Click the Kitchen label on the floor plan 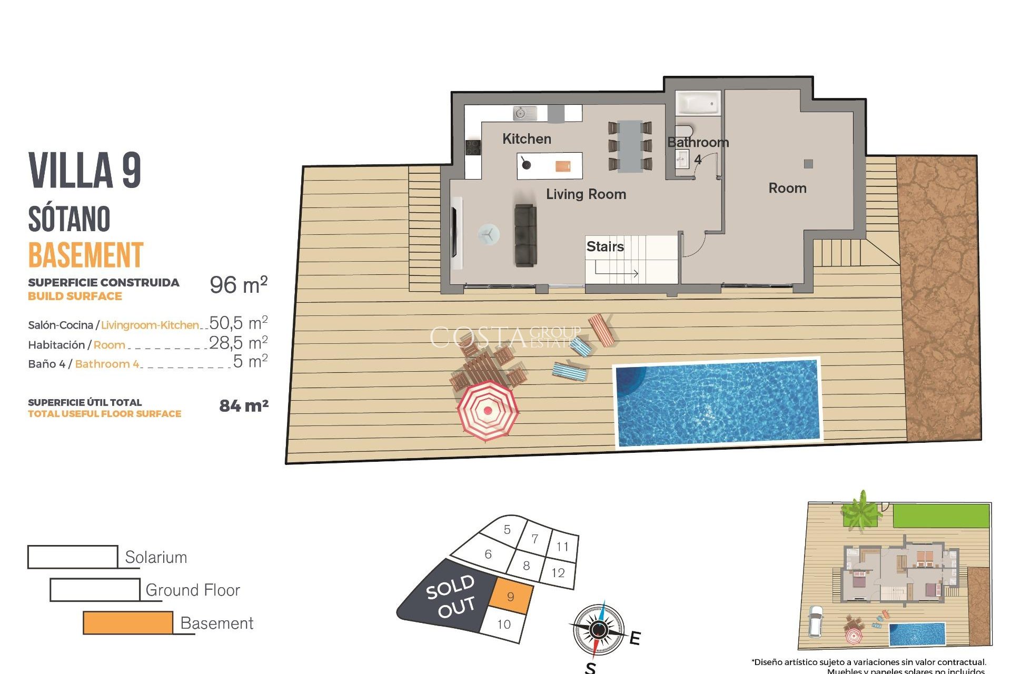tap(527, 139)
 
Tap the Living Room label tap(586, 194)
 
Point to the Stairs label tap(605, 246)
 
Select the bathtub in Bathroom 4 tap(698, 103)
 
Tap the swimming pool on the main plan tap(718, 402)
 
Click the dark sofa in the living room tap(526, 235)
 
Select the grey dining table tap(630, 146)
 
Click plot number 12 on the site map tap(558, 573)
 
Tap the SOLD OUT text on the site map tap(451, 596)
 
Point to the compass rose tap(599, 630)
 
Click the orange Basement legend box tap(128, 623)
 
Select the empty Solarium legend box tap(73, 557)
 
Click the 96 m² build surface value tap(239, 285)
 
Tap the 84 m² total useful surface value tap(244, 406)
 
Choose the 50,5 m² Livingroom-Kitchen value tap(239, 322)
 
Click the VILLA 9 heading tap(85, 170)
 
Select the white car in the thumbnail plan tap(816, 621)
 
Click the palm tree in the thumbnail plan tap(861, 510)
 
